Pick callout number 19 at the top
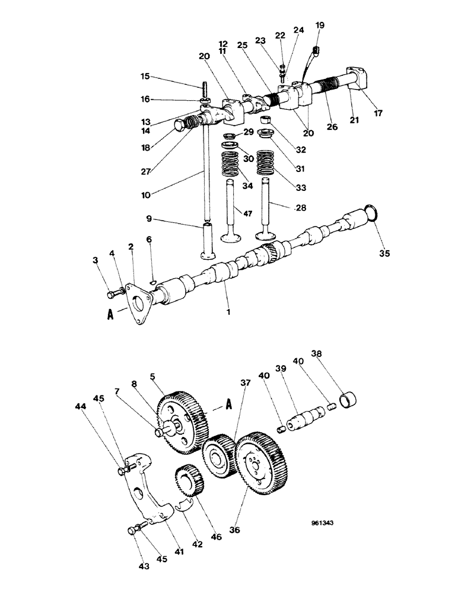[320, 25]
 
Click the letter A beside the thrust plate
[110, 315]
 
